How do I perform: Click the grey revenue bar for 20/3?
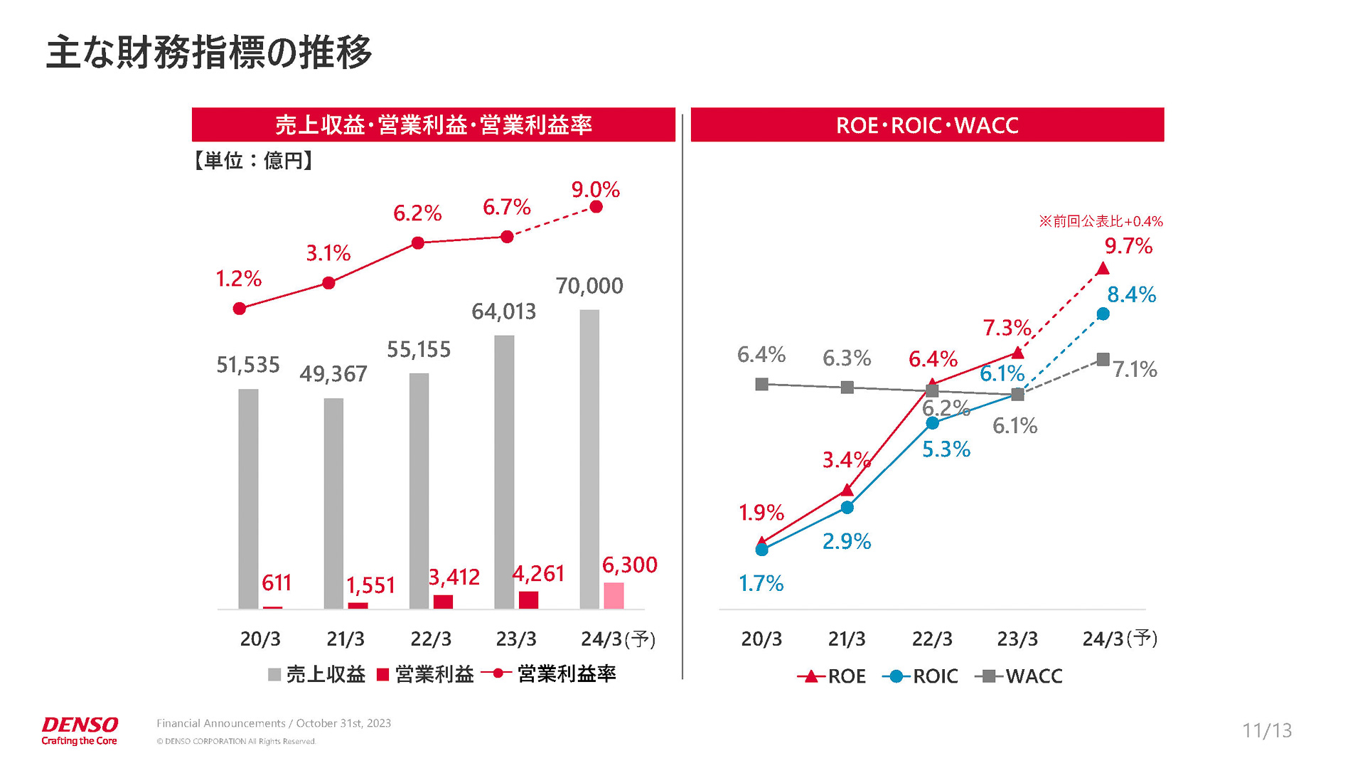(x=248, y=498)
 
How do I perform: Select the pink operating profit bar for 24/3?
(x=614, y=596)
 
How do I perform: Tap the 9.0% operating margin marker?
(x=596, y=207)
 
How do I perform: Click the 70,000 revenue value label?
(x=589, y=286)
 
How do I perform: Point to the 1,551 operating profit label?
(x=370, y=585)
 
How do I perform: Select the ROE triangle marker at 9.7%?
(x=1103, y=269)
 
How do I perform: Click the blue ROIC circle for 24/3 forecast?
(x=1103, y=314)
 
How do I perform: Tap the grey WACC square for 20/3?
(x=761, y=384)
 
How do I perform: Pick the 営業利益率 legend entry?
(x=549, y=673)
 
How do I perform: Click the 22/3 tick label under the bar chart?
(x=431, y=639)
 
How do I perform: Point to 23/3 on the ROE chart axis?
(x=1017, y=639)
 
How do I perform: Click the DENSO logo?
(x=80, y=730)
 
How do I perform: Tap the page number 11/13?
(x=1267, y=730)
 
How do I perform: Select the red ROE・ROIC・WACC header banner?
(x=927, y=125)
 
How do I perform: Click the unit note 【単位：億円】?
(x=253, y=161)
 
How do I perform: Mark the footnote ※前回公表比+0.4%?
(x=1101, y=221)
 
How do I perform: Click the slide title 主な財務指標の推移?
(x=208, y=53)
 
